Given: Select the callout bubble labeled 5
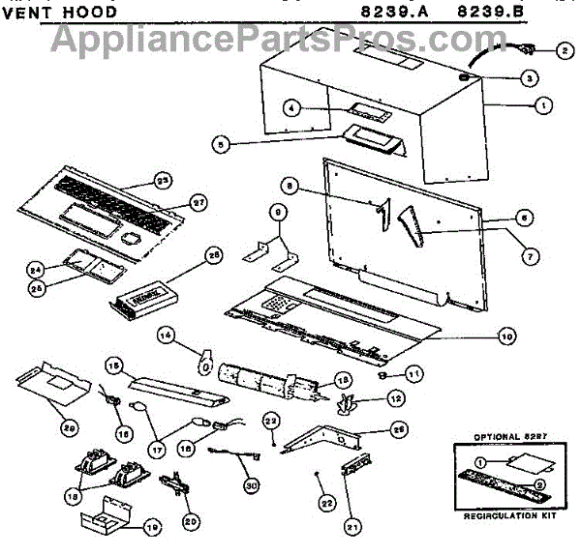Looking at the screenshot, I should coord(222,145).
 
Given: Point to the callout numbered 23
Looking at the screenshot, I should coord(163,179).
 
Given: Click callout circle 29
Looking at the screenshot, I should coord(43,428).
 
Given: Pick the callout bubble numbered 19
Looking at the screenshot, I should coord(151,528).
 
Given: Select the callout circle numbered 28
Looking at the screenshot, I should coord(213,255).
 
